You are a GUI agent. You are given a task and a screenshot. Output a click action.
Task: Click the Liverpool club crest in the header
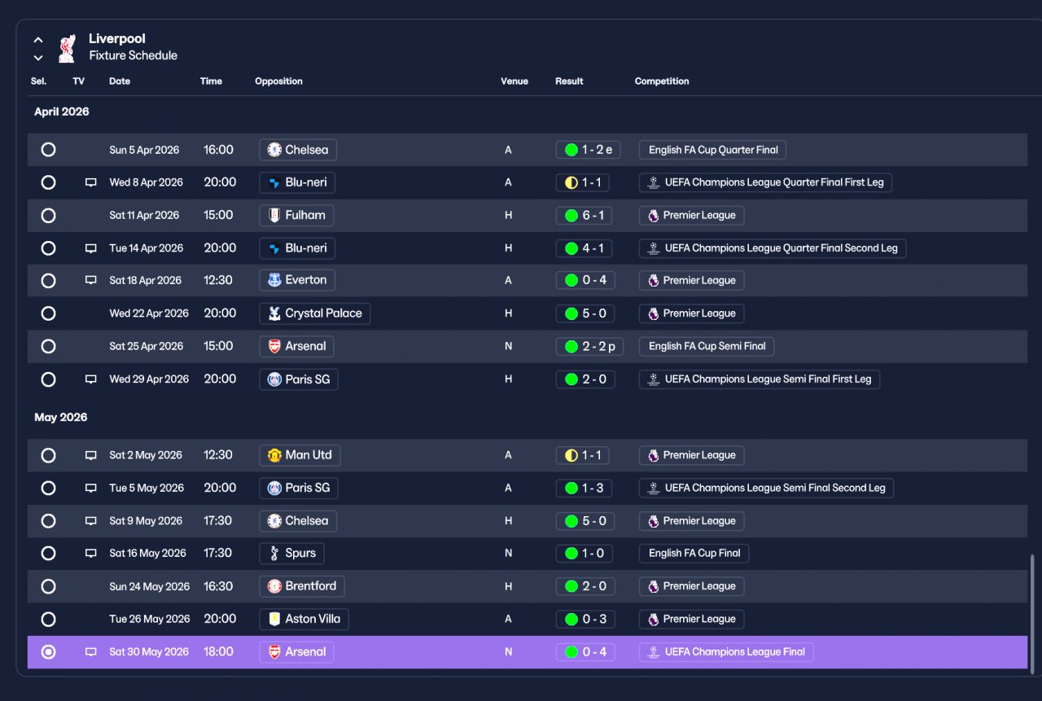(x=67, y=48)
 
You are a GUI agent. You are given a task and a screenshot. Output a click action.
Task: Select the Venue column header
(x=514, y=81)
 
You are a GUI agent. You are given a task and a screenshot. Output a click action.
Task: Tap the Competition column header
(x=662, y=81)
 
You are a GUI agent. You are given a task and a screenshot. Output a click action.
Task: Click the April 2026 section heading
(x=61, y=112)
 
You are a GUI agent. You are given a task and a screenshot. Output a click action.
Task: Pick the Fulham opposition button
(x=296, y=216)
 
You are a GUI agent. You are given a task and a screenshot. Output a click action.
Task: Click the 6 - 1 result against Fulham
(x=584, y=216)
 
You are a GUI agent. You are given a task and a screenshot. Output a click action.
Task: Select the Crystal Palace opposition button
(x=314, y=313)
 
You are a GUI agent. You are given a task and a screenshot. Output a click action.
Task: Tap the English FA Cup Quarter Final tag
(x=712, y=150)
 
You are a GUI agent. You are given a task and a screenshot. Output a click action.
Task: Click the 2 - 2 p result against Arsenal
(x=589, y=347)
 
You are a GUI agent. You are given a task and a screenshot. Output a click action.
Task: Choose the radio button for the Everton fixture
(x=48, y=281)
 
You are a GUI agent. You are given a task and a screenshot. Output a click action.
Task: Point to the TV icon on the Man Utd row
(x=90, y=455)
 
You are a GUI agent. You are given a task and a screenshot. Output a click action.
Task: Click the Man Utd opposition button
(x=300, y=455)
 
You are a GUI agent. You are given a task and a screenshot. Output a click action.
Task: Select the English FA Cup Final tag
(x=694, y=554)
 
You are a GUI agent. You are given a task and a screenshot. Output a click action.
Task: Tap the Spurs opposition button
(x=291, y=554)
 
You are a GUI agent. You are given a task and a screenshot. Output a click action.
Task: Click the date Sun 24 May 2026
(x=149, y=586)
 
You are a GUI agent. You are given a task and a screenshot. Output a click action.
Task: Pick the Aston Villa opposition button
(x=304, y=619)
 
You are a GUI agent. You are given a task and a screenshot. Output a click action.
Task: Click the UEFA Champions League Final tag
(x=726, y=652)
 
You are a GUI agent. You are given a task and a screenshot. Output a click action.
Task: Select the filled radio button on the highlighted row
(x=48, y=652)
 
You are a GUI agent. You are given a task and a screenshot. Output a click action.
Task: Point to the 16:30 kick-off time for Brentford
(x=217, y=586)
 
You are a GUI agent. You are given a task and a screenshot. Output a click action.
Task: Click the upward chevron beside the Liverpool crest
(x=38, y=40)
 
